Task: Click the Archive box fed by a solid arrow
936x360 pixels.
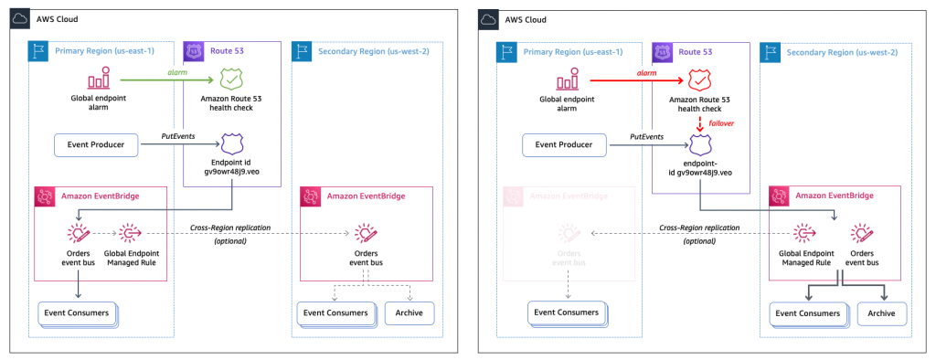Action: click(880, 312)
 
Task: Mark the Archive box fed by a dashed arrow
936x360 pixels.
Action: click(409, 312)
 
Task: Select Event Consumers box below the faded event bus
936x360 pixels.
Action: click(567, 312)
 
